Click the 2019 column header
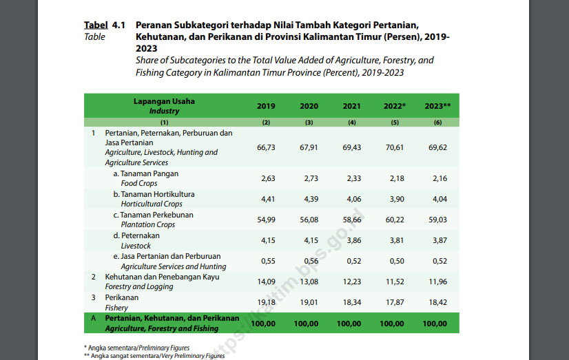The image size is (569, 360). [x=266, y=106]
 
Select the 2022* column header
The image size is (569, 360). [x=395, y=106]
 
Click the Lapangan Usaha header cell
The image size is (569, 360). [x=164, y=101]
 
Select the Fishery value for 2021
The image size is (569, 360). [x=352, y=302]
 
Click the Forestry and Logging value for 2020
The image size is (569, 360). [x=309, y=282]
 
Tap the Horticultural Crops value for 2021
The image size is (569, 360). [x=352, y=200]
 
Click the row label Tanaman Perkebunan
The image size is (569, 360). [x=153, y=215]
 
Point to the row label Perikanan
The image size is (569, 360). [x=122, y=297]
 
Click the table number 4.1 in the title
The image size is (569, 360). [x=118, y=24]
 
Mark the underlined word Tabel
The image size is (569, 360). [x=95, y=24]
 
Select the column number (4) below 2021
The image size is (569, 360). [x=352, y=122]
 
